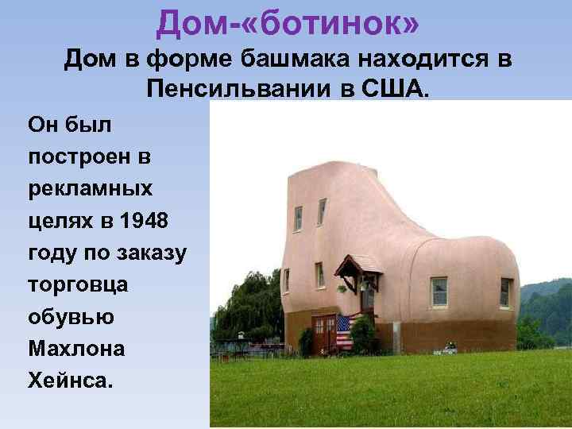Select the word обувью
tap(71, 316)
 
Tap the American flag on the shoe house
tap(344, 331)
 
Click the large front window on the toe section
tap(439, 292)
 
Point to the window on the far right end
tap(505, 292)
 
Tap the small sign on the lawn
tap(450, 349)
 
